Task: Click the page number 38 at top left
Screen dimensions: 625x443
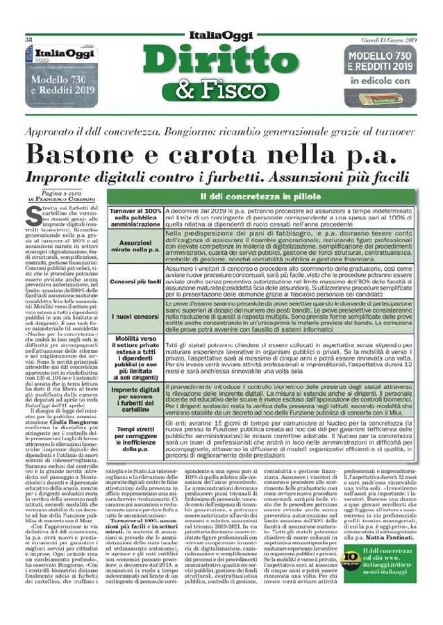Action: point(29,40)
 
